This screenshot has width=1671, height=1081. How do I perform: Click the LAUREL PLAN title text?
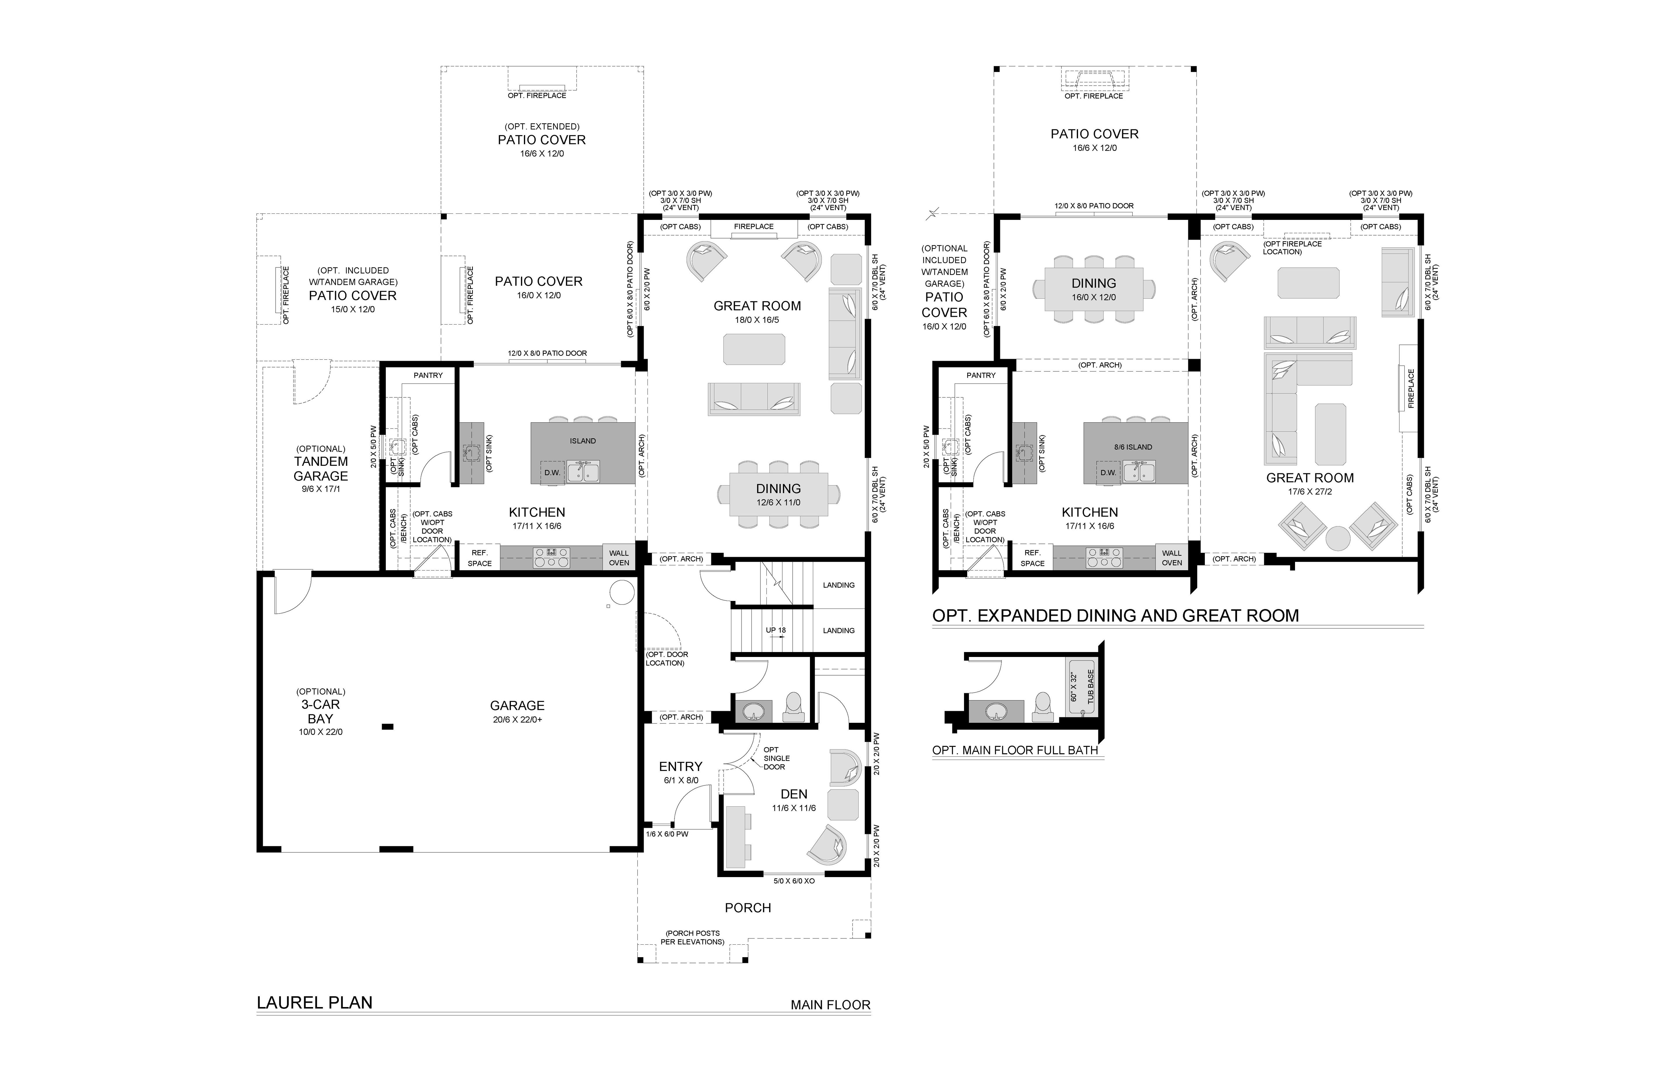314,1002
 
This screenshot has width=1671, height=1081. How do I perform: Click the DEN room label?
794,794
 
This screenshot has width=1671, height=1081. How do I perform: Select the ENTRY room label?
680,767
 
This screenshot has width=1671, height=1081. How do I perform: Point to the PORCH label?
748,908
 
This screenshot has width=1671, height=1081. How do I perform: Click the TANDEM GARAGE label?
321,468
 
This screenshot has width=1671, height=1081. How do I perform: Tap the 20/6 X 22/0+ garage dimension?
518,720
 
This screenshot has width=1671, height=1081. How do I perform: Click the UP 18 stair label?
776,630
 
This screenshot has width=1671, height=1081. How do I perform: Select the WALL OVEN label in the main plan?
619,558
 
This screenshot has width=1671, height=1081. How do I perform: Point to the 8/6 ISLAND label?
1133,447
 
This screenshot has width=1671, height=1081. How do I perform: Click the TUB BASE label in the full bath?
1091,687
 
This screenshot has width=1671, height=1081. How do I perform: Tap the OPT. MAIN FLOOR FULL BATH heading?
1015,750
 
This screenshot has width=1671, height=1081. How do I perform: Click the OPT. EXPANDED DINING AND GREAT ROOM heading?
1116,615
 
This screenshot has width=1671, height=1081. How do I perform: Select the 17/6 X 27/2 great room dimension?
1310,491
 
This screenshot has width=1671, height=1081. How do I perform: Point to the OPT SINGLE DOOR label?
777,758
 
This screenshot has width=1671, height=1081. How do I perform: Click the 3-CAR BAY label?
321,711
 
